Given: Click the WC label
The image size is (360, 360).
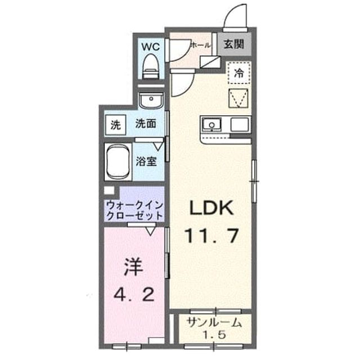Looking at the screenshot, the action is pyautogui.click(x=151, y=47).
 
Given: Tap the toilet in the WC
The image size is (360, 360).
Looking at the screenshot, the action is pyautogui.click(x=151, y=66).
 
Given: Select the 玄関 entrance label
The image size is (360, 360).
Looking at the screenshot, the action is pyautogui.click(x=234, y=44).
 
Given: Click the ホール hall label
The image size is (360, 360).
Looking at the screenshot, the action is pyautogui.click(x=200, y=46).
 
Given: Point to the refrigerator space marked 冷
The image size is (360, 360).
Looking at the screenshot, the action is pyautogui.click(x=239, y=73).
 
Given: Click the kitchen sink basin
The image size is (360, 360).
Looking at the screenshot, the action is pyautogui.click(x=211, y=125).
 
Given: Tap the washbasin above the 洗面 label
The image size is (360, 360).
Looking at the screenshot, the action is pyautogui.click(x=151, y=100).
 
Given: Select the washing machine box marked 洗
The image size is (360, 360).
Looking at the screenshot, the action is pyautogui.click(x=116, y=125).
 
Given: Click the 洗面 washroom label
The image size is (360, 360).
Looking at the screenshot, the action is pyautogui.click(x=146, y=124).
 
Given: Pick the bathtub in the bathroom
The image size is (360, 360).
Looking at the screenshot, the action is pyautogui.click(x=118, y=161).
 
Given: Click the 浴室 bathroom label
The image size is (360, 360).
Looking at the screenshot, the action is pyautogui.click(x=146, y=161).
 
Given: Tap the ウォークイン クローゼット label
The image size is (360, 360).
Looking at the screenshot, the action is pyautogui.click(x=135, y=210).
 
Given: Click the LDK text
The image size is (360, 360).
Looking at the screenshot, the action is pyautogui.click(x=211, y=208).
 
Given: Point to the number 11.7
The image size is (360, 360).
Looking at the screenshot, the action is pyautogui.click(x=211, y=236).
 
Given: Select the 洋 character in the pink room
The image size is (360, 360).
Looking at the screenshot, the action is pyautogui.click(x=133, y=267).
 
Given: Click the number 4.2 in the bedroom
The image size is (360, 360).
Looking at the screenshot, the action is pyautogui.click(x=134, y=295).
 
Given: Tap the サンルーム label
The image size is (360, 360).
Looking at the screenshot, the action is pyautogui.click(x=214, y=323).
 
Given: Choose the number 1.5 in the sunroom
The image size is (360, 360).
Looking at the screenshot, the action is pyautogui.click(x=214, y=335).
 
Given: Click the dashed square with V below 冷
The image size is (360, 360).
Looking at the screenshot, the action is pyautogui.click(x=238, y=98).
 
